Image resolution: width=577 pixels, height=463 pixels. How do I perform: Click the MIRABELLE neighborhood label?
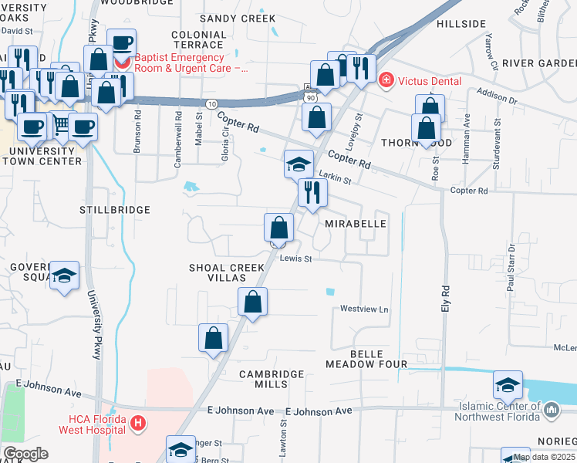click(355, 223)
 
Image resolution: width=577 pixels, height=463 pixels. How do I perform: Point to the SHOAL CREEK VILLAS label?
click(227, 273)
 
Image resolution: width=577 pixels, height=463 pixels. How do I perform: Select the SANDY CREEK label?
click(238, 18)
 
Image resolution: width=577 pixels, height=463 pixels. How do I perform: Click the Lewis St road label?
click(295, 259)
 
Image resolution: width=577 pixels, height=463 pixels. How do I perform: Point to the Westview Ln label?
click(364, 309)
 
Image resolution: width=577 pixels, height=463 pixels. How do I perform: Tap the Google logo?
click(25, 454)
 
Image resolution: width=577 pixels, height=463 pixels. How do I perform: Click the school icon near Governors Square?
click(66, 275)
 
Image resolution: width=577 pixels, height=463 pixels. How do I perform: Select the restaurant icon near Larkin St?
click(312, 191)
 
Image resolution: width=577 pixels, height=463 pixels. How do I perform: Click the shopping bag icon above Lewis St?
click(278, 227)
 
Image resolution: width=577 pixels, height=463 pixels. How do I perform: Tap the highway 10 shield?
click(211, 103)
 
